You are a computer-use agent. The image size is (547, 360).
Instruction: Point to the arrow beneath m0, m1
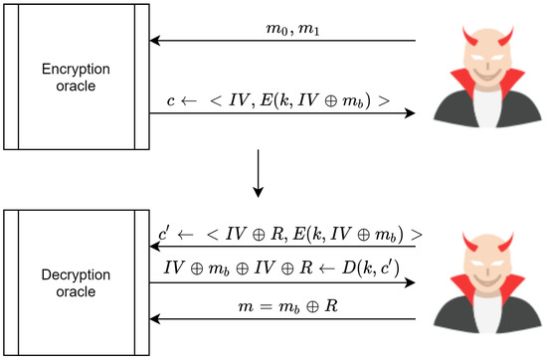point(282,42)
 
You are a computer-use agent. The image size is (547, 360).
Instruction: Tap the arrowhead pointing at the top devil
point(410,114)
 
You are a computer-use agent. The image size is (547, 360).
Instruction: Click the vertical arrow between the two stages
point(258,172)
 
